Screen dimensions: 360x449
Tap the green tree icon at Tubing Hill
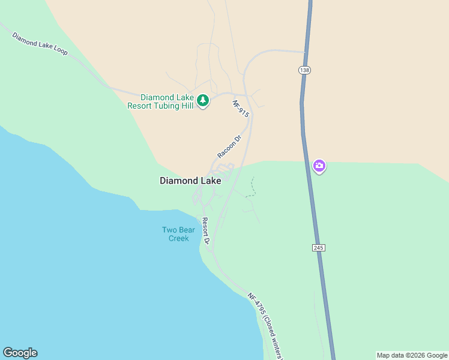[203, 100]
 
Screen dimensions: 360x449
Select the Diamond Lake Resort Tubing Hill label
[160, 101]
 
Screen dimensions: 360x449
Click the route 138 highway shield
[304, 70]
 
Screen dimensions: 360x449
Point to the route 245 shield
[318, 248]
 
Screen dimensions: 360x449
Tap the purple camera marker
[319, 166]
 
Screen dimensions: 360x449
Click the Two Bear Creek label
[175, 234]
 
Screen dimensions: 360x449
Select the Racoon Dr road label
[229, 147]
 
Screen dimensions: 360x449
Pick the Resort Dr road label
[205, 231]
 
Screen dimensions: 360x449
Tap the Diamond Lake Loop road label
[40, 44]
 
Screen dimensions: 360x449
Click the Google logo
[20, 353]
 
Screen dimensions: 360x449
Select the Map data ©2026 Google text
[412, 355]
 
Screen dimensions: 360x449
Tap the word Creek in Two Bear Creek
[178, 238]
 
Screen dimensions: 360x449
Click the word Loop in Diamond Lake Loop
[59, 51]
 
